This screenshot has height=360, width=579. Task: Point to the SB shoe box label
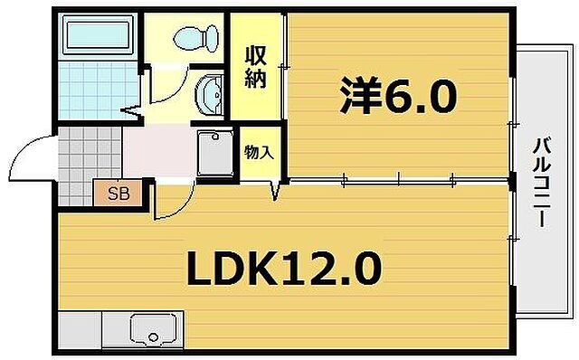click(x=119, y=193)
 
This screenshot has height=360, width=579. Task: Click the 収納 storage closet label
click(x=254, y=66)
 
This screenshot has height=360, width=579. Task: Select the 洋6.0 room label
click(x=397, y=97)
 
